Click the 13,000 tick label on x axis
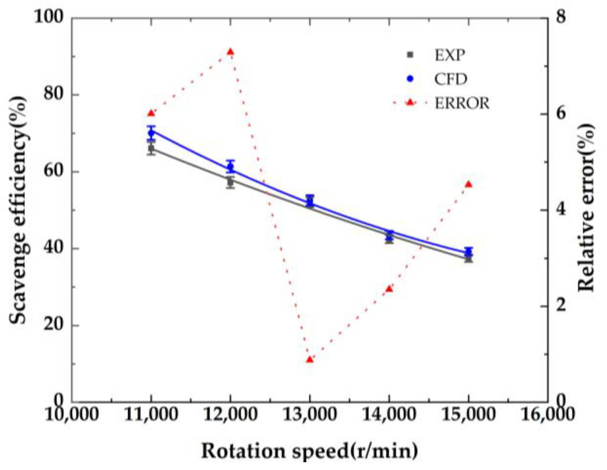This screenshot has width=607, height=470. tap(310, 415)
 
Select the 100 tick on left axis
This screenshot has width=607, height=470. tap(49, 17)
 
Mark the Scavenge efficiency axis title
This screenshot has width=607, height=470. tap(18, 210)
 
